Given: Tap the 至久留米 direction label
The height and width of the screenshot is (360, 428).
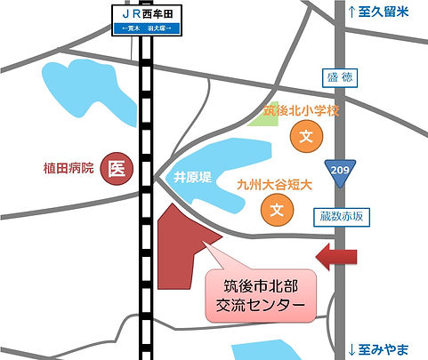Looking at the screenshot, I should click(382, 12).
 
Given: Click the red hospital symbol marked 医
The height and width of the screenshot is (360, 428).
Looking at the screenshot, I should click(116, 166).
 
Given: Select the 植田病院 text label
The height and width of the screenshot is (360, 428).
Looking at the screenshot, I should click(69, 167).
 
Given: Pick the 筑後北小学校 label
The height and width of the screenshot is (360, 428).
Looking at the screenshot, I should click(303, 111).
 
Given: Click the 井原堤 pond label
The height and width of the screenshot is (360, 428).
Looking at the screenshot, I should click(191, 176).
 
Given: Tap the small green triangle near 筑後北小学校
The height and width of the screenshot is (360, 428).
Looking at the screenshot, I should click(261, 117).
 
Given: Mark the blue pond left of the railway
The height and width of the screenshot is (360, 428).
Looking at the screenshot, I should click(89, 94).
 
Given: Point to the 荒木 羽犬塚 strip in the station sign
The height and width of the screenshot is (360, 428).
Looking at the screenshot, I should click(149, 28).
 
